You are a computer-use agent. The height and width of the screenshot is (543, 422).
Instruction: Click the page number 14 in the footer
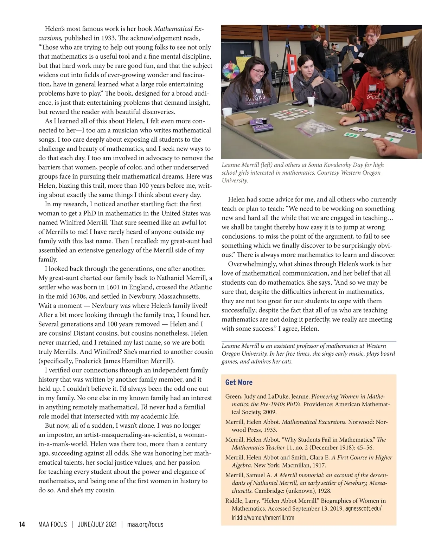click(x=22, y=524)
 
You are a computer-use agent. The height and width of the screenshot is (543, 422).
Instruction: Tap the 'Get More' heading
click(x=239, y=382)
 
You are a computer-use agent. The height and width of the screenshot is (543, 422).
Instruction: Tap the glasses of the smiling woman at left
click(x=258, y=71)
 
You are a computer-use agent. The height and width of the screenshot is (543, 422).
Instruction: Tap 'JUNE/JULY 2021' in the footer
click(x=96, y=524)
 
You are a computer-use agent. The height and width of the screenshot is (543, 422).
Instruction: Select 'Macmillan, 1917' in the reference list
click(x=302, y=465)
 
